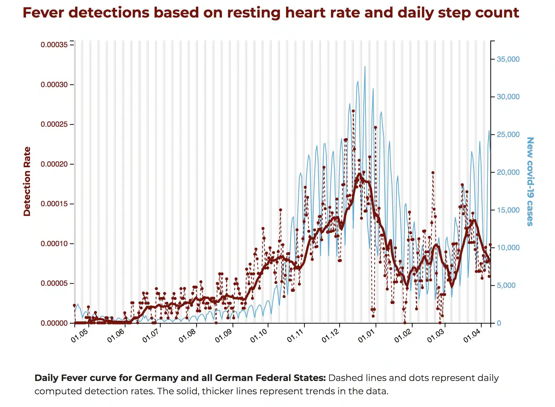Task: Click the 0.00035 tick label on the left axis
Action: pyautogui.click(x=54, y=45)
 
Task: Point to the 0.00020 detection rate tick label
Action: pyautogui.click(x=54, y=164)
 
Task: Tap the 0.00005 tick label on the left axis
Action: pyautogui.click(x=54, y=283)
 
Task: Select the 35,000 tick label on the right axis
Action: pyautogui.click(x=508, y=59)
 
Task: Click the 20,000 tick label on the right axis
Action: pyautogui.click(x=508, y=172)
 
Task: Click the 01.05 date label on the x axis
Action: pyautogui.click(x=80, y=335)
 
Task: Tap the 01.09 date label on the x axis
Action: pyautogui.click(x=224, y=335)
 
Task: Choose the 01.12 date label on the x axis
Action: pyautogui.click(x=330, y=335)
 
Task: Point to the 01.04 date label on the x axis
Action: pyautogui.click(x=472, y=335)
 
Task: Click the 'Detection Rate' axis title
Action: pyautogui.click(x=27, y=181)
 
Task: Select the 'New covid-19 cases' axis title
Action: pyautogui.click(x=530, y=181)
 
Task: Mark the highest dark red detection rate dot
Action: pyautogui.click(x=353, y=111)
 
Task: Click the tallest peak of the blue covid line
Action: pyautogui.click(x=365, y=67)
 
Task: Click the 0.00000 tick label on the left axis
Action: pyautogui.click(x=54, y=323)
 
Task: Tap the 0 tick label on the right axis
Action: pyautogui.click(x=499, y=323)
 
